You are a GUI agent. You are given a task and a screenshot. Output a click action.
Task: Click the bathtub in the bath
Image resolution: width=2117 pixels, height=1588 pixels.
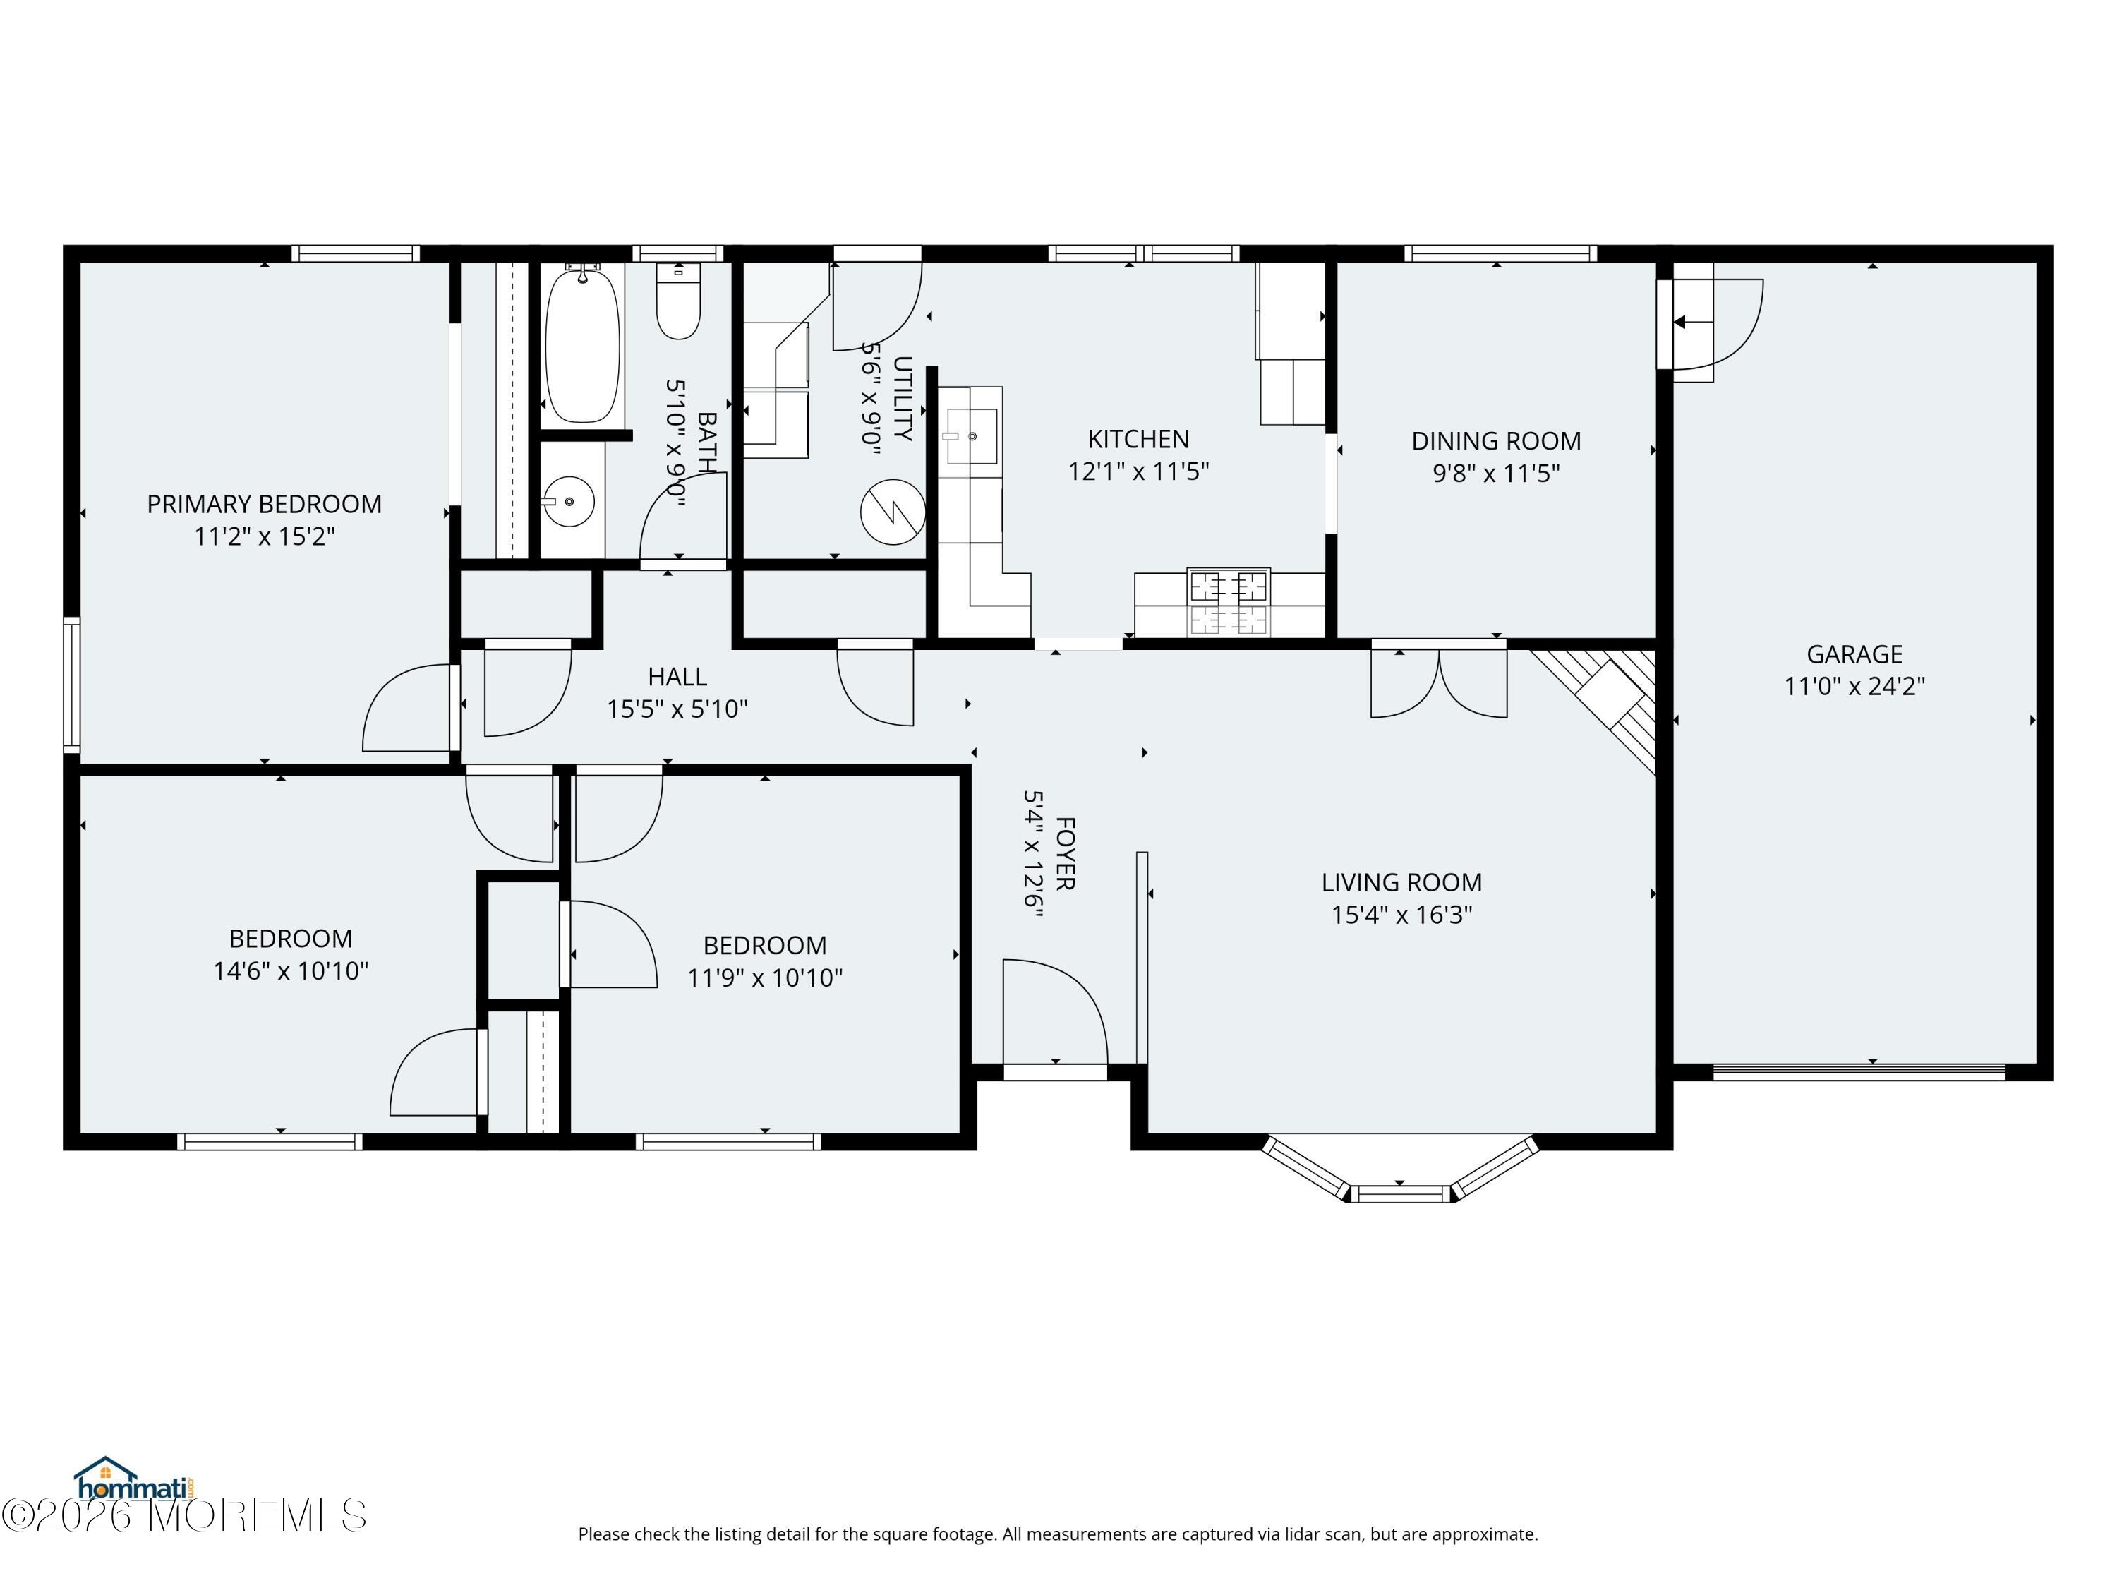click(582, 344)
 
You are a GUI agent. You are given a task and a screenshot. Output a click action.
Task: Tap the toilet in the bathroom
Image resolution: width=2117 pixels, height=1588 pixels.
click(679, 301)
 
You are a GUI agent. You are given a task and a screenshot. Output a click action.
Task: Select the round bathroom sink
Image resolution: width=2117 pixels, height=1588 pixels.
click(569, 500)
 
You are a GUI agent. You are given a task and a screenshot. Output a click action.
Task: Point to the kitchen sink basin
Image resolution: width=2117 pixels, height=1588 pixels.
click(972, 436)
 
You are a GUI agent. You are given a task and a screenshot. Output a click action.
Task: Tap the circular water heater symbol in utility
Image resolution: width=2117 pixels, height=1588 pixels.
click(893, 512)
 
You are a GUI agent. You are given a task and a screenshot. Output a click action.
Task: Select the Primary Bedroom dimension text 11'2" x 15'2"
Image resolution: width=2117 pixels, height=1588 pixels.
click(264, 536)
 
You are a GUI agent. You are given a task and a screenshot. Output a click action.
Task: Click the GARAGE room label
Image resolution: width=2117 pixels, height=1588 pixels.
click(1854, 655)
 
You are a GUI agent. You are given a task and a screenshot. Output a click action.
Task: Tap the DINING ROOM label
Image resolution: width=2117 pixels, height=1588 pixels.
click(1496, 441)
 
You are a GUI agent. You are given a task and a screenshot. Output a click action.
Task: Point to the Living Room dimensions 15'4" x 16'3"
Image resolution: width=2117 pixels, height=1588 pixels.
click(1401, 915)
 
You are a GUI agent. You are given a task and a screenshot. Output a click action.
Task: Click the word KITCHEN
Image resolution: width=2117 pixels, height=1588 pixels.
click(1138, 440)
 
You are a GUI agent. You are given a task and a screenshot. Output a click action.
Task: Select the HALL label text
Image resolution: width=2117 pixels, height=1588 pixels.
click(677, 677)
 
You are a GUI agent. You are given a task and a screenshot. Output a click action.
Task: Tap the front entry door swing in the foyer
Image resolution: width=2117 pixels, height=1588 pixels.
click(1055, 1012)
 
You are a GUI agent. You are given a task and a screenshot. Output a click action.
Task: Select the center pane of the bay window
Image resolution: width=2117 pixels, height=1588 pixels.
click(1399, 1193)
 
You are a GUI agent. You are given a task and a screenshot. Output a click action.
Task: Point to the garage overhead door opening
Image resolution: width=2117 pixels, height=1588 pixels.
click(1859, 1071)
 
